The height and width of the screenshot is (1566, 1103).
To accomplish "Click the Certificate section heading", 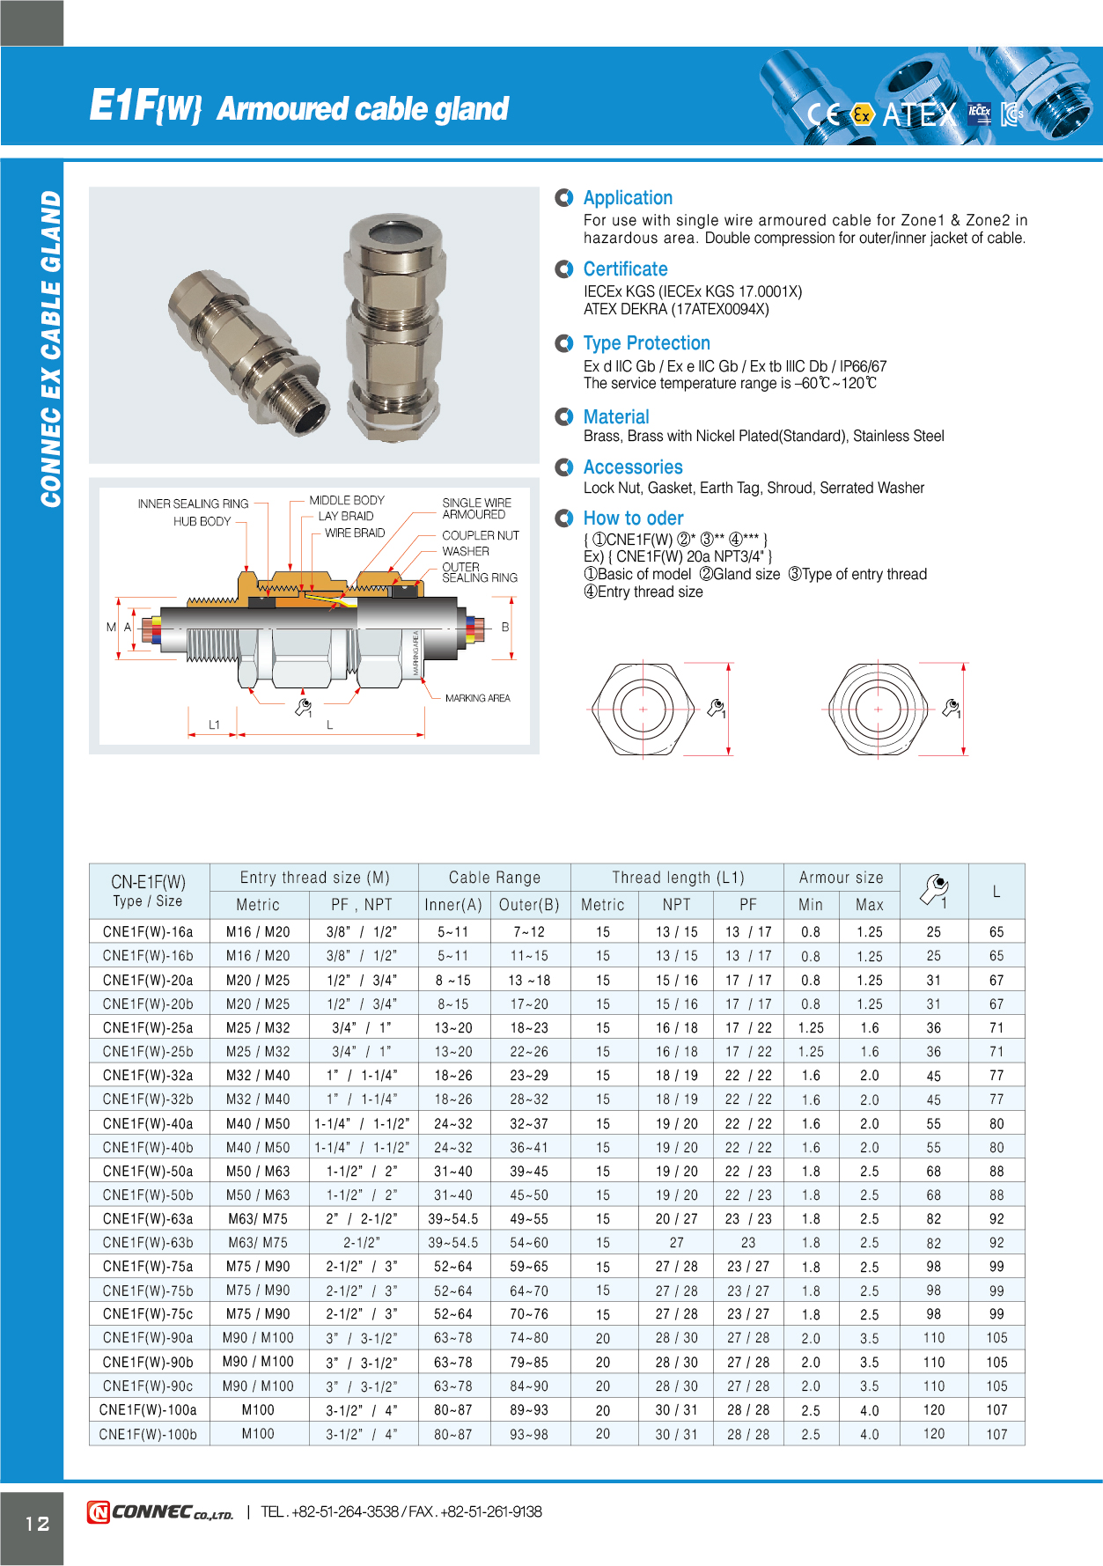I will coord(625,269).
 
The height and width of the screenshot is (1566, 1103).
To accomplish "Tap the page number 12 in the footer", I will coord(37,1524).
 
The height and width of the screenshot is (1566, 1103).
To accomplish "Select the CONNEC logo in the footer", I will coord(160,1512).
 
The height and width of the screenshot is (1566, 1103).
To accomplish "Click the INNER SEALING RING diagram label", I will coord(193,504).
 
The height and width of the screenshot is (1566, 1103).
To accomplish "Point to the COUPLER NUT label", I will coord(480,535).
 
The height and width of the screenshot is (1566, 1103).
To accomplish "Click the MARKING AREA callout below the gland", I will coord(477,698).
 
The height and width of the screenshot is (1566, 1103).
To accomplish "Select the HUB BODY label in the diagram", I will coord(202,521).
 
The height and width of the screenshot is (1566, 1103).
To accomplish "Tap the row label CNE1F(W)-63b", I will coord(148,1243).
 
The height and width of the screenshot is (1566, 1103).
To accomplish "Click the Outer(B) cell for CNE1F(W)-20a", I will coord(529,980).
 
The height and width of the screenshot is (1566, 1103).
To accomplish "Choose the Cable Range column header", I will coord(494,878).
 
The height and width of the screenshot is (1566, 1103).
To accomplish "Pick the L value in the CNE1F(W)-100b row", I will coord(996,1434).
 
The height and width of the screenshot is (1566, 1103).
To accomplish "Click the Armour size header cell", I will coord(841,878).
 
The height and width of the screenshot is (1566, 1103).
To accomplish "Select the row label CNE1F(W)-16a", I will coord(148,932).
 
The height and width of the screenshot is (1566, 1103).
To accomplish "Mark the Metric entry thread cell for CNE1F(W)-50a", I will coord(258,1172).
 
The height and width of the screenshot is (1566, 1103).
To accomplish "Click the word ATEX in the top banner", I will coord(918,114).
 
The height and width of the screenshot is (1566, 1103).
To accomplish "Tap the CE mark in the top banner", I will coord(823,114).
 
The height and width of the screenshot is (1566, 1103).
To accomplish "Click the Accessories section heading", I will coord(633,467).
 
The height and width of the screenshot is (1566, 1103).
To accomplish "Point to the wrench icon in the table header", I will coord(934,890).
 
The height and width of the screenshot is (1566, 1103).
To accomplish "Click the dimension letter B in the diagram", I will coord(505,627).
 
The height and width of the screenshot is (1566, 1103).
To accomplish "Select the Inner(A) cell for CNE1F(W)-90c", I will coord(452,1386).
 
